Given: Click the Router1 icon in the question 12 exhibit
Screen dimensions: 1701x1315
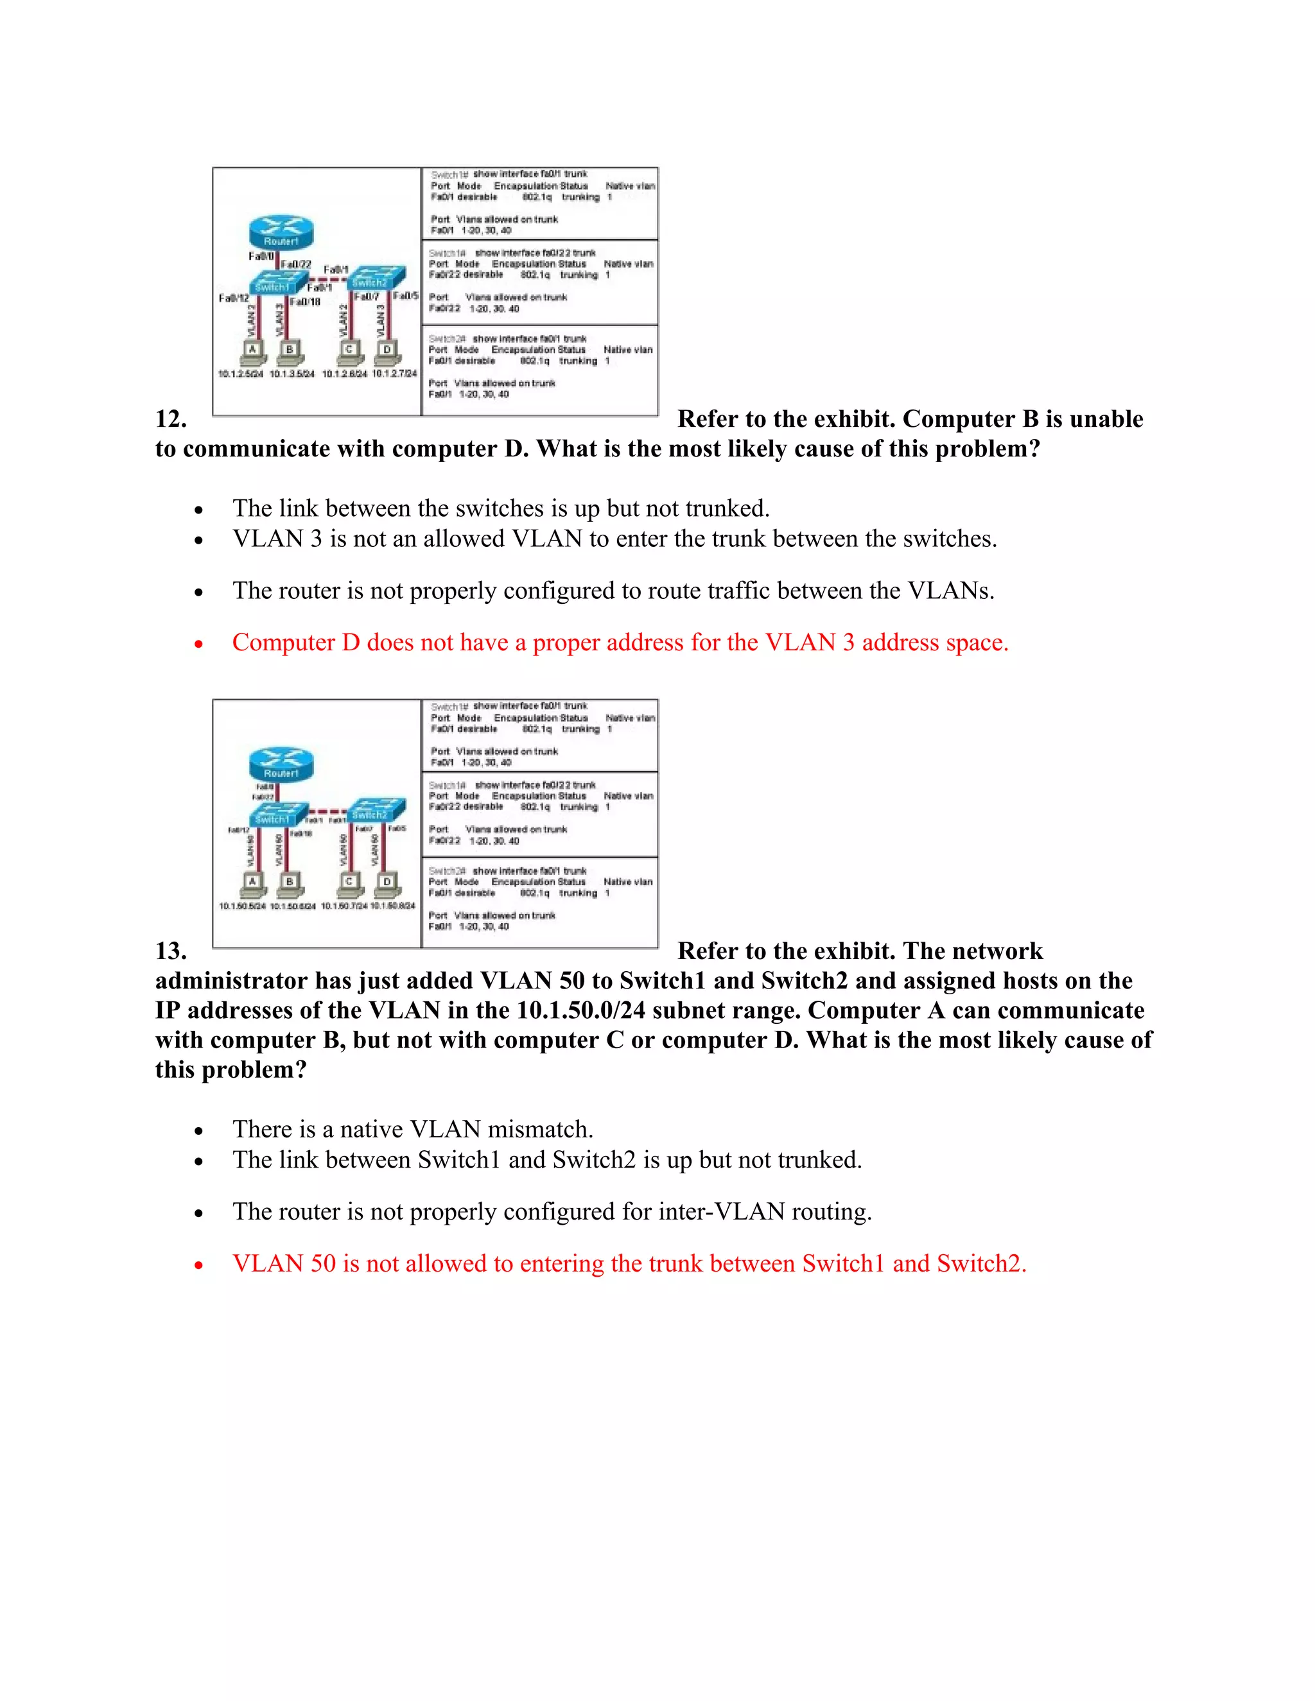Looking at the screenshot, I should [x=281, y=232].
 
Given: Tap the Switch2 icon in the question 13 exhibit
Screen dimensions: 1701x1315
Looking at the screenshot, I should [x=376, y=810].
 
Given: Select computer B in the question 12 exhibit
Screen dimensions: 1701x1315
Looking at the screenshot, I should [x=289, y=352].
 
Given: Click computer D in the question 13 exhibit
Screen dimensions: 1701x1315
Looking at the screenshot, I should [x=387, y=883].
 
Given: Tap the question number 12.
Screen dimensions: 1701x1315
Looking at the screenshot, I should [x=171, y=419].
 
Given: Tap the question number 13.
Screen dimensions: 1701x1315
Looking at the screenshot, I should [x=171, y=951].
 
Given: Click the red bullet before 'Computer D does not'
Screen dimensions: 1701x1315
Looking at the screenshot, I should [x=198, y=644].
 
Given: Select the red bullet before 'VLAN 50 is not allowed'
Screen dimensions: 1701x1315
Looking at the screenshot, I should [x=198, y=1265].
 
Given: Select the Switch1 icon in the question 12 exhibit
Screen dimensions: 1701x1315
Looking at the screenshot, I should [x=277, y=282].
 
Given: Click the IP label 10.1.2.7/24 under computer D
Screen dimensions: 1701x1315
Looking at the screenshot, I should [x=394, y=374].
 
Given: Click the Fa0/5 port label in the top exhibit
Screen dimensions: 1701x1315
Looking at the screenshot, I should [x=405, y=296].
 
